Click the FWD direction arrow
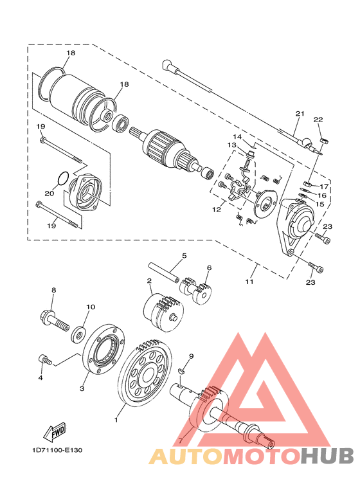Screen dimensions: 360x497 point(55,431)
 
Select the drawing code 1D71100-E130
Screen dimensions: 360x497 point(57,450)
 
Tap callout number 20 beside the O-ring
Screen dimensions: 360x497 point(49,193)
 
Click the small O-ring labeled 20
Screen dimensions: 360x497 point(63,178)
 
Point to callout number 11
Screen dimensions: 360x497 point(249,281)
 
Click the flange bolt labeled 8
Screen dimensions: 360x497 point(55,320)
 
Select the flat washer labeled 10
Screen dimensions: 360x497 point(78,334)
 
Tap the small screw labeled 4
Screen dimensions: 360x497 point(44,359)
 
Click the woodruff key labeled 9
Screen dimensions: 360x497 point(182,370)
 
